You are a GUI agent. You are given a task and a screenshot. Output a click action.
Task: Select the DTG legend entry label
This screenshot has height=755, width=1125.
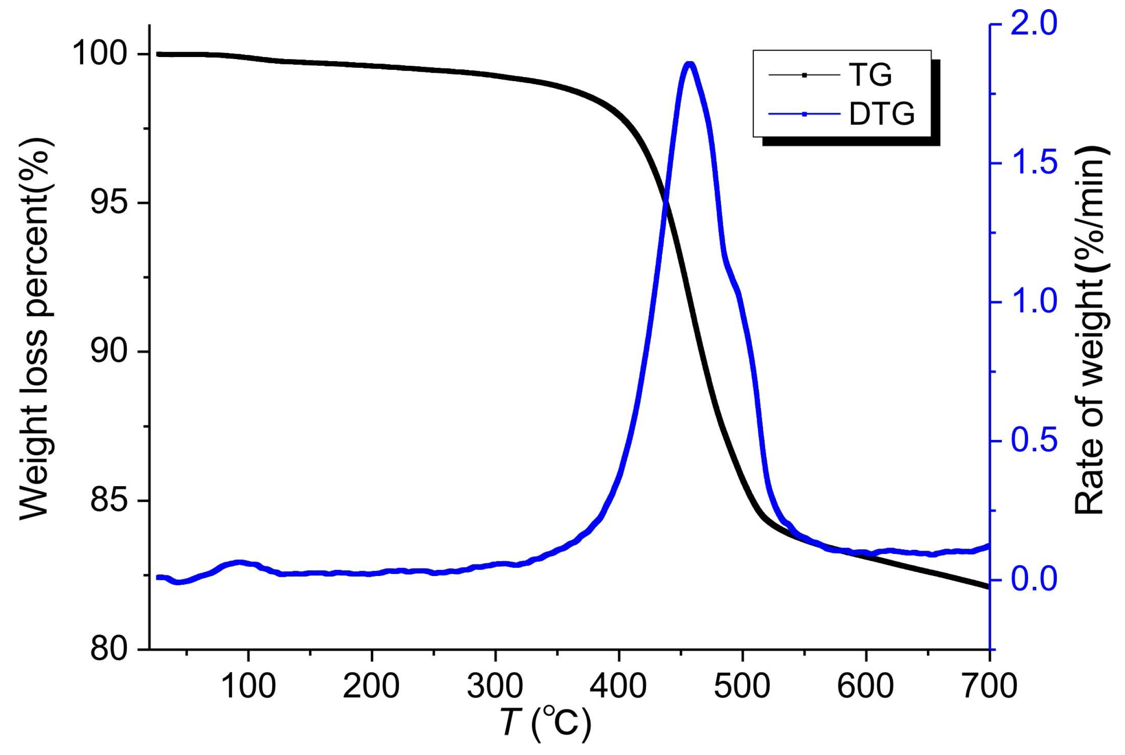882,114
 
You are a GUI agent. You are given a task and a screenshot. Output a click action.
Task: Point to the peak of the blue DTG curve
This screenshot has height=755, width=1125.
689,64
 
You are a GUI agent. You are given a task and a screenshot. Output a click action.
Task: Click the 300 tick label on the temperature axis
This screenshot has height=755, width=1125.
495,685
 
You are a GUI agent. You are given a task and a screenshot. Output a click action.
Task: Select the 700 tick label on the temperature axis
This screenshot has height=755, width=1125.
989,685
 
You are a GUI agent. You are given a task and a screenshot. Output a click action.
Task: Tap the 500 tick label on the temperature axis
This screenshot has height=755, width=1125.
742,685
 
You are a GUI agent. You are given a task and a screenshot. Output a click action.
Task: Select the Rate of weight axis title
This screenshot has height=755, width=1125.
1091,332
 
